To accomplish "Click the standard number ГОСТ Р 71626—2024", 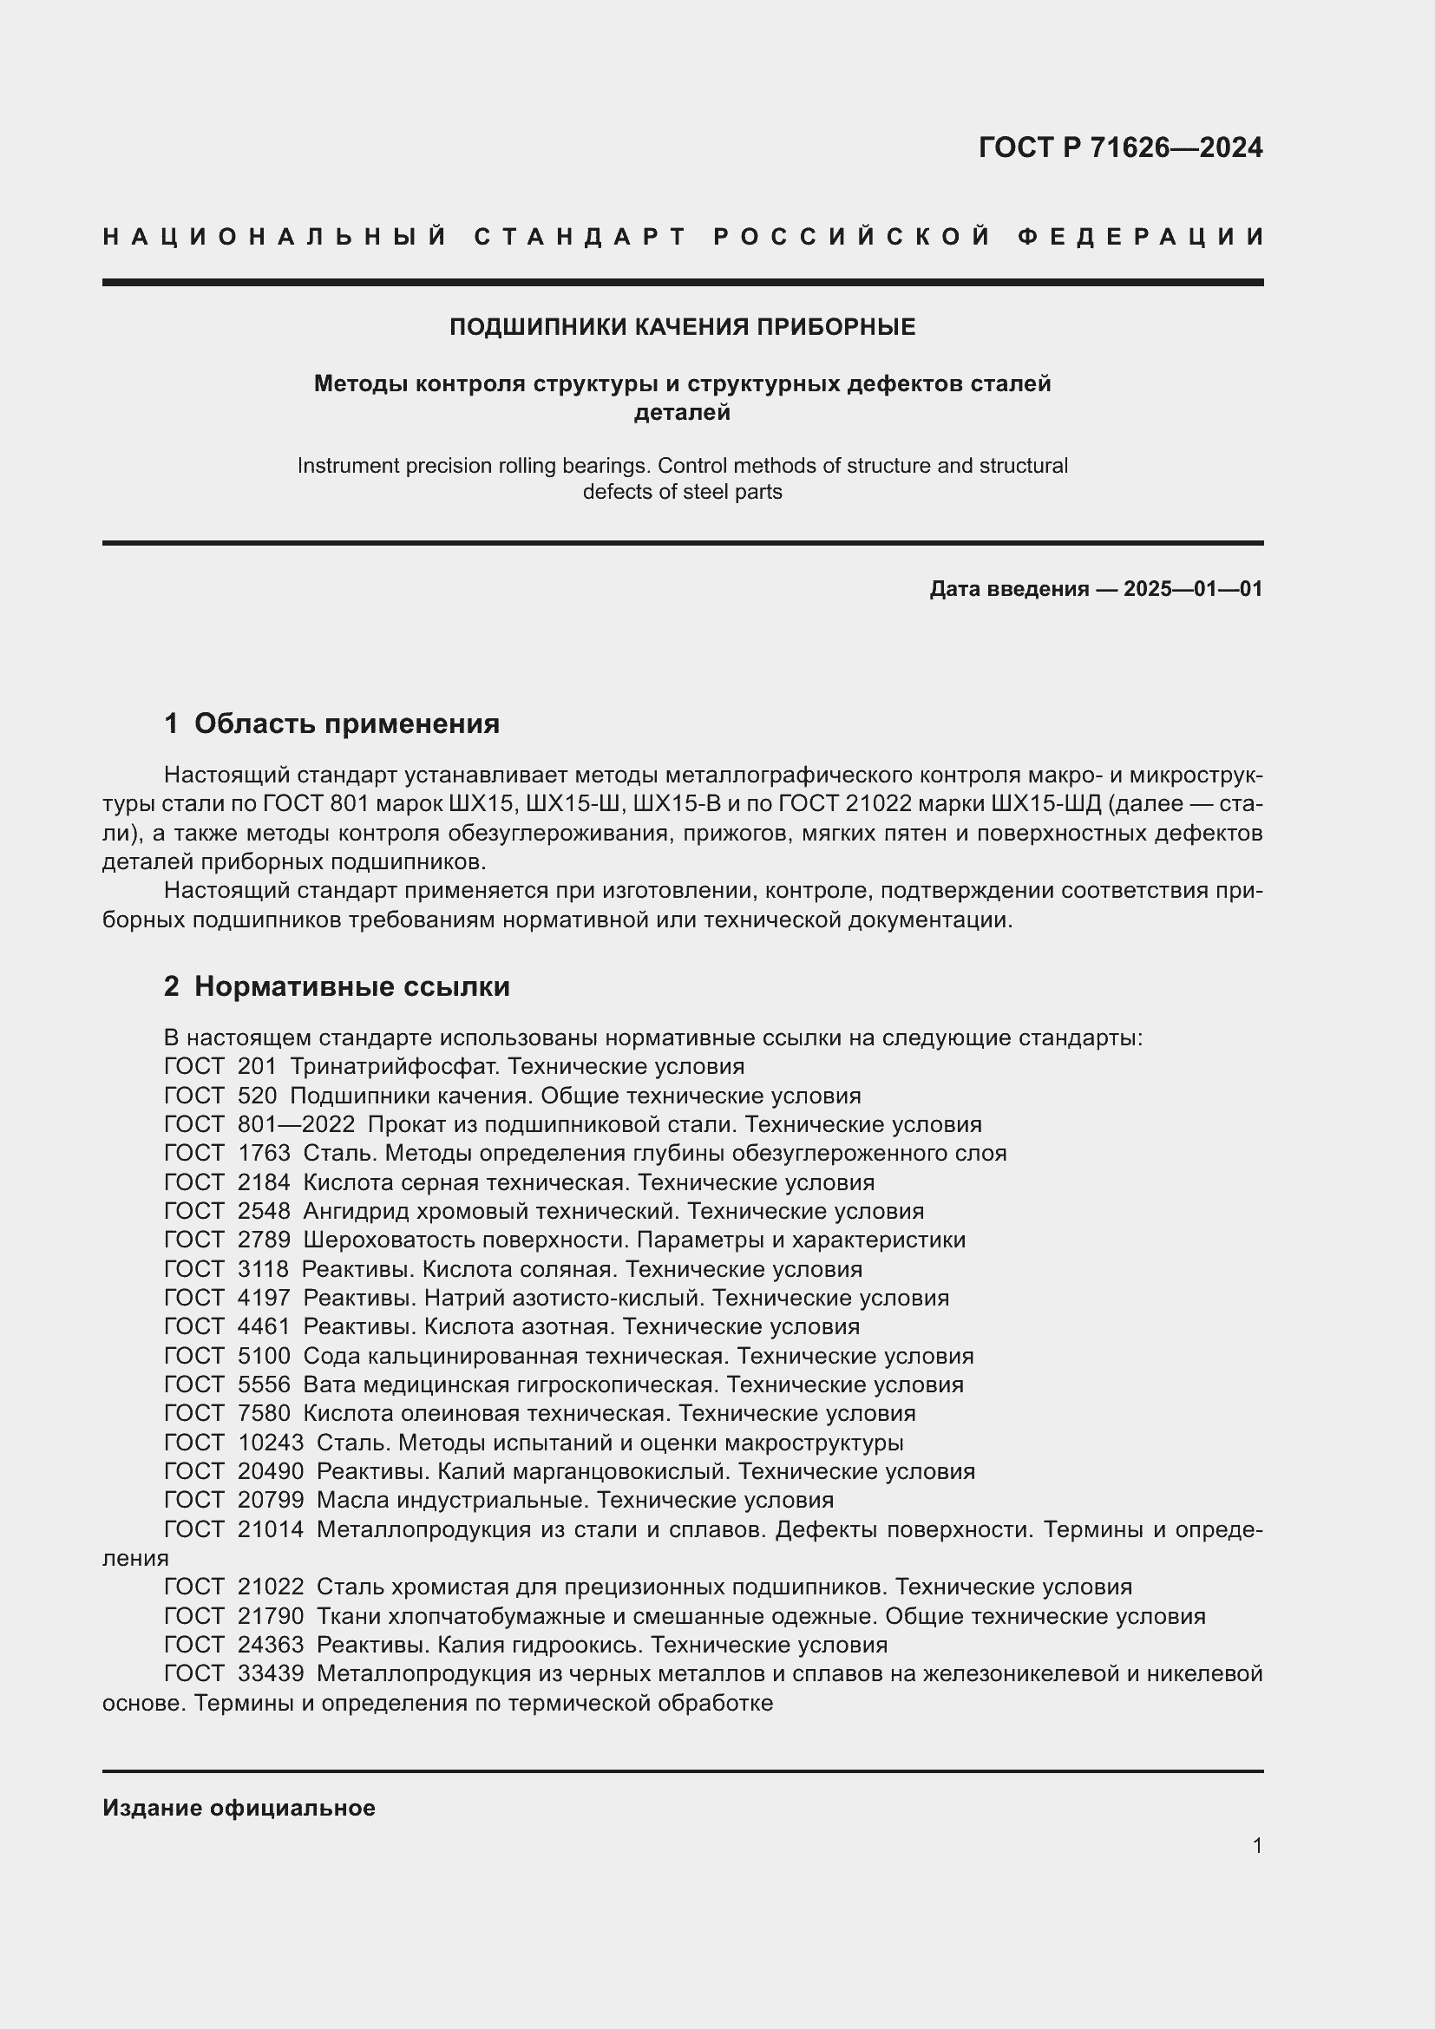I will click(1119, 147).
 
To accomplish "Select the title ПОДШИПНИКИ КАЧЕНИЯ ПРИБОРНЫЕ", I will click(682, 327).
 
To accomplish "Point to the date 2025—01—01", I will click(1193, 588).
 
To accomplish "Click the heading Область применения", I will click(346, 723).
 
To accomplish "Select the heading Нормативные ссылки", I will click(351, 986).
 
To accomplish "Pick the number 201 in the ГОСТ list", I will click(257, 1067).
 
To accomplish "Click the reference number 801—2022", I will click(296, 1125).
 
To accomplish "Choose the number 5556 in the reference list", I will click(264, 1384).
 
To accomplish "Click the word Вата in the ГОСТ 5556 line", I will click(329, 1384).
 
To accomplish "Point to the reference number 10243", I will click(271, 1443).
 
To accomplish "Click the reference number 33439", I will click(271, 1673).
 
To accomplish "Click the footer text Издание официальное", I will click(239, 1808).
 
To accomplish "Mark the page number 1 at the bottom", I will click(1257, 1845).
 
